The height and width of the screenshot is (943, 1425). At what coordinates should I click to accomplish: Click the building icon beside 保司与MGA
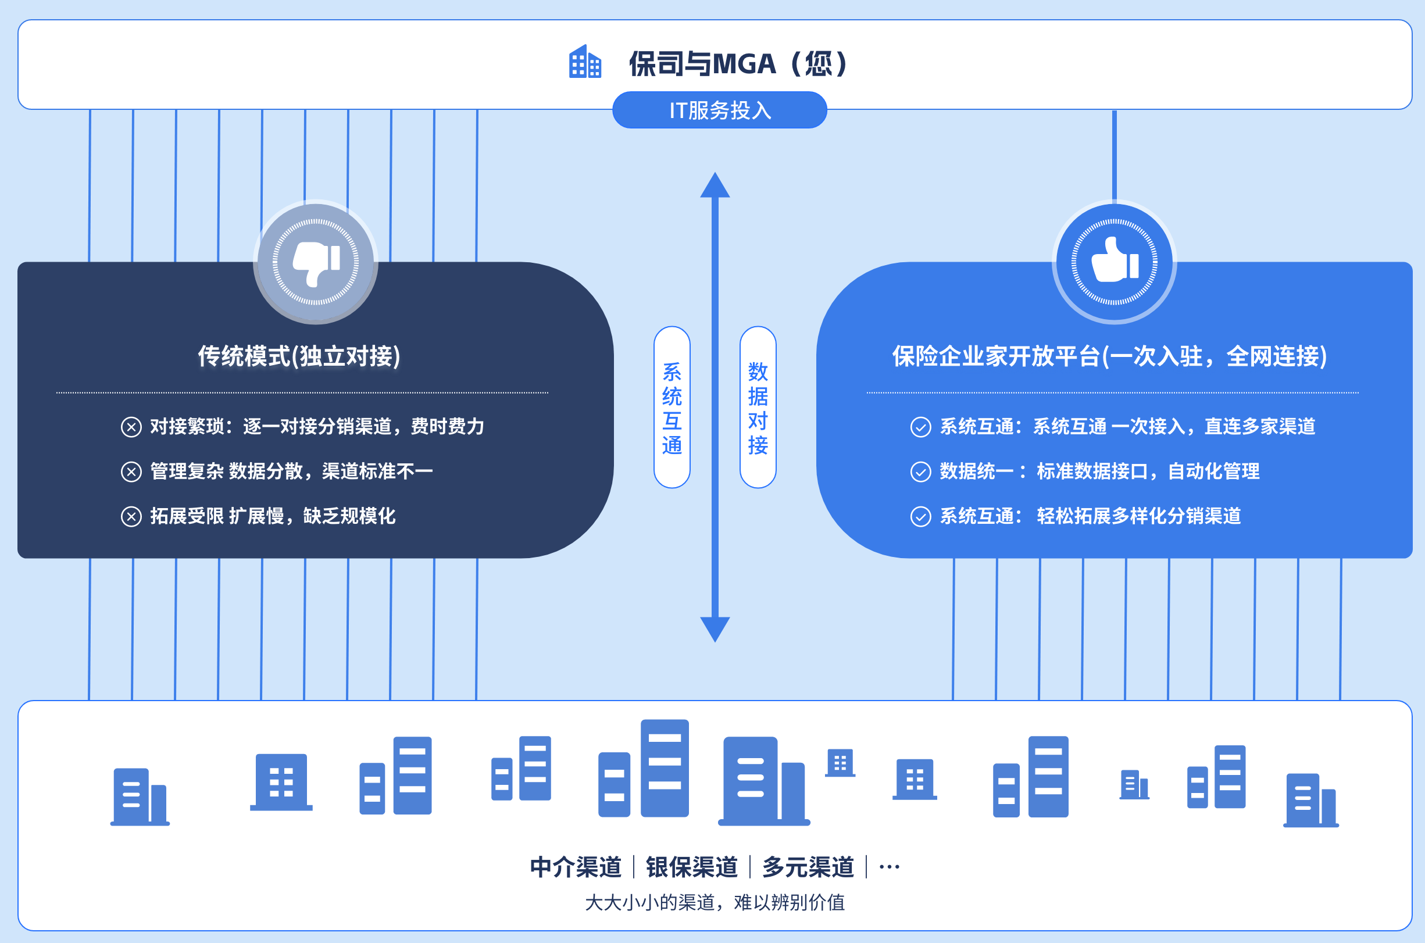coord(585,62)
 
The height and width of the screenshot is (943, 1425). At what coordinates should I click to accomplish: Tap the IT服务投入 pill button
coord(720,110)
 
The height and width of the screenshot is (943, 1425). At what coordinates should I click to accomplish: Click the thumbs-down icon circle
coord(316,262)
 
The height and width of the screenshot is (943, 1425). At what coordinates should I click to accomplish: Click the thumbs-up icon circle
coord(1114,262)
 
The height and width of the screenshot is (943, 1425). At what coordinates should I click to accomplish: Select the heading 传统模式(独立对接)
coord(299,356)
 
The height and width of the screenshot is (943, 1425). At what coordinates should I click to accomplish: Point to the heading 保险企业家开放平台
coord(1109,356)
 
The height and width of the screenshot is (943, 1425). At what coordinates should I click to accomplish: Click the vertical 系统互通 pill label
coord(672,407)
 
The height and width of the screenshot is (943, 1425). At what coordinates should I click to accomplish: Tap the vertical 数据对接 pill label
coord(758,407)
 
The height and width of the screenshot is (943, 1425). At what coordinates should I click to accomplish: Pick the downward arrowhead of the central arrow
coord(715,629)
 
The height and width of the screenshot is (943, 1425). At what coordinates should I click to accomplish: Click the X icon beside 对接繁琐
coord(131,427)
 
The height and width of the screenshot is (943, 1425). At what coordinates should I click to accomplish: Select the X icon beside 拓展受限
coord(131,517)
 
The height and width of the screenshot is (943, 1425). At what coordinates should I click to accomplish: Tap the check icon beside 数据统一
coord(920,472)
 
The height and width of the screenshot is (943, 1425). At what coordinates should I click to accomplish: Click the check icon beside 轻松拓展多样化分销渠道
coord(920,517)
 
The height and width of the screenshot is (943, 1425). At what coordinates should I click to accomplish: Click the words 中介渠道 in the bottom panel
coord(576,867)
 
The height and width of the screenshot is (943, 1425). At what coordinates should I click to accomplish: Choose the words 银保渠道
coord(691,867)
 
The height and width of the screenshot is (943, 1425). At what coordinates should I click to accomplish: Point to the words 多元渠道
coord(808,867)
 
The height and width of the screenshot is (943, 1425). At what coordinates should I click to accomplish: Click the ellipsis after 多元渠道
coord(890,867)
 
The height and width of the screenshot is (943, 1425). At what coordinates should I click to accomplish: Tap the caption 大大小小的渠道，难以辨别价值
coord(715,902)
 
